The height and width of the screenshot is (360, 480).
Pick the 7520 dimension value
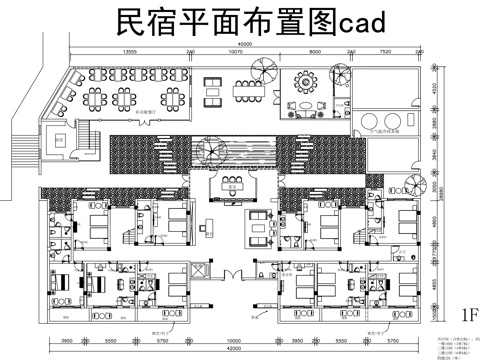[385, 51]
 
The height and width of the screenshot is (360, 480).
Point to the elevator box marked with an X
[61, 142]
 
